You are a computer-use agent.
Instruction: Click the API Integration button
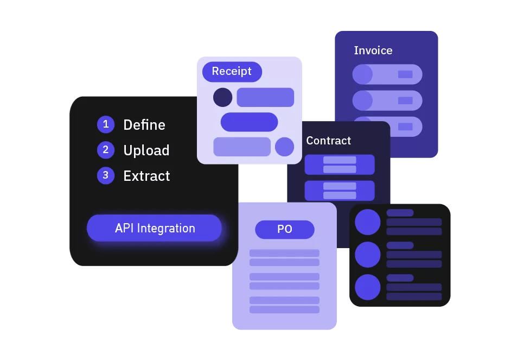pyautogui.click(x=155, y=228)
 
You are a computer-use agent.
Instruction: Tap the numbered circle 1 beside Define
pyautogui.click(x=106, y=124)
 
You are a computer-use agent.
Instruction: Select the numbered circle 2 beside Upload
pyautogui.click(x=106, y=150)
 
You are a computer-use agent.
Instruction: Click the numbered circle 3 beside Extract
pyautogui.click(x=106, y=175)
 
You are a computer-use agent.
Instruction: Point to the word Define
pyautogui.click(x=144, y=125)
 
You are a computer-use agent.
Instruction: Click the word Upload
pyautogui.click(x=146, y=150)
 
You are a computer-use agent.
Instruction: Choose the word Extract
pyautogui.click(x=146, y=176)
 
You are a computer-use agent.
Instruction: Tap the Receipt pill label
pyautogui.click(x=232, y=72)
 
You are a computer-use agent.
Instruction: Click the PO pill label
pyautogui.click(x=285, y=229)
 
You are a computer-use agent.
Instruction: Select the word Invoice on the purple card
pyautogui.click(x=373, y=50)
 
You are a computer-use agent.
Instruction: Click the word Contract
pyautogui.click(x=328, y=141)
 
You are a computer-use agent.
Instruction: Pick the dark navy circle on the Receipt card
pyautogui.click(x=222, y=98)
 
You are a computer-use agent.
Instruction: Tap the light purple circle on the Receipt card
pyautogui.click(x=284, y=147)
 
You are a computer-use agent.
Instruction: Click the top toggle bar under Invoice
pyautogui.click(x=387, y=74)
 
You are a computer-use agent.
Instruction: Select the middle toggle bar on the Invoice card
pyautogui.click(x=387, y=100)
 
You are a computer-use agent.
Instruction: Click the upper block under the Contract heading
pyautogui.click(x=340, y=165)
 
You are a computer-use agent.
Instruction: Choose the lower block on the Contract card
pyautogui.click(x=340, y=191)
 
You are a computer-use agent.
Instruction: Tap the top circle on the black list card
pyautogui.click(x=367, y=222)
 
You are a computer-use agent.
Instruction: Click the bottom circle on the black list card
pyautogui.click(x=367, y=287)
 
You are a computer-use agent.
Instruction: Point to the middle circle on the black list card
pyautogui.click(x=367, y=255)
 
